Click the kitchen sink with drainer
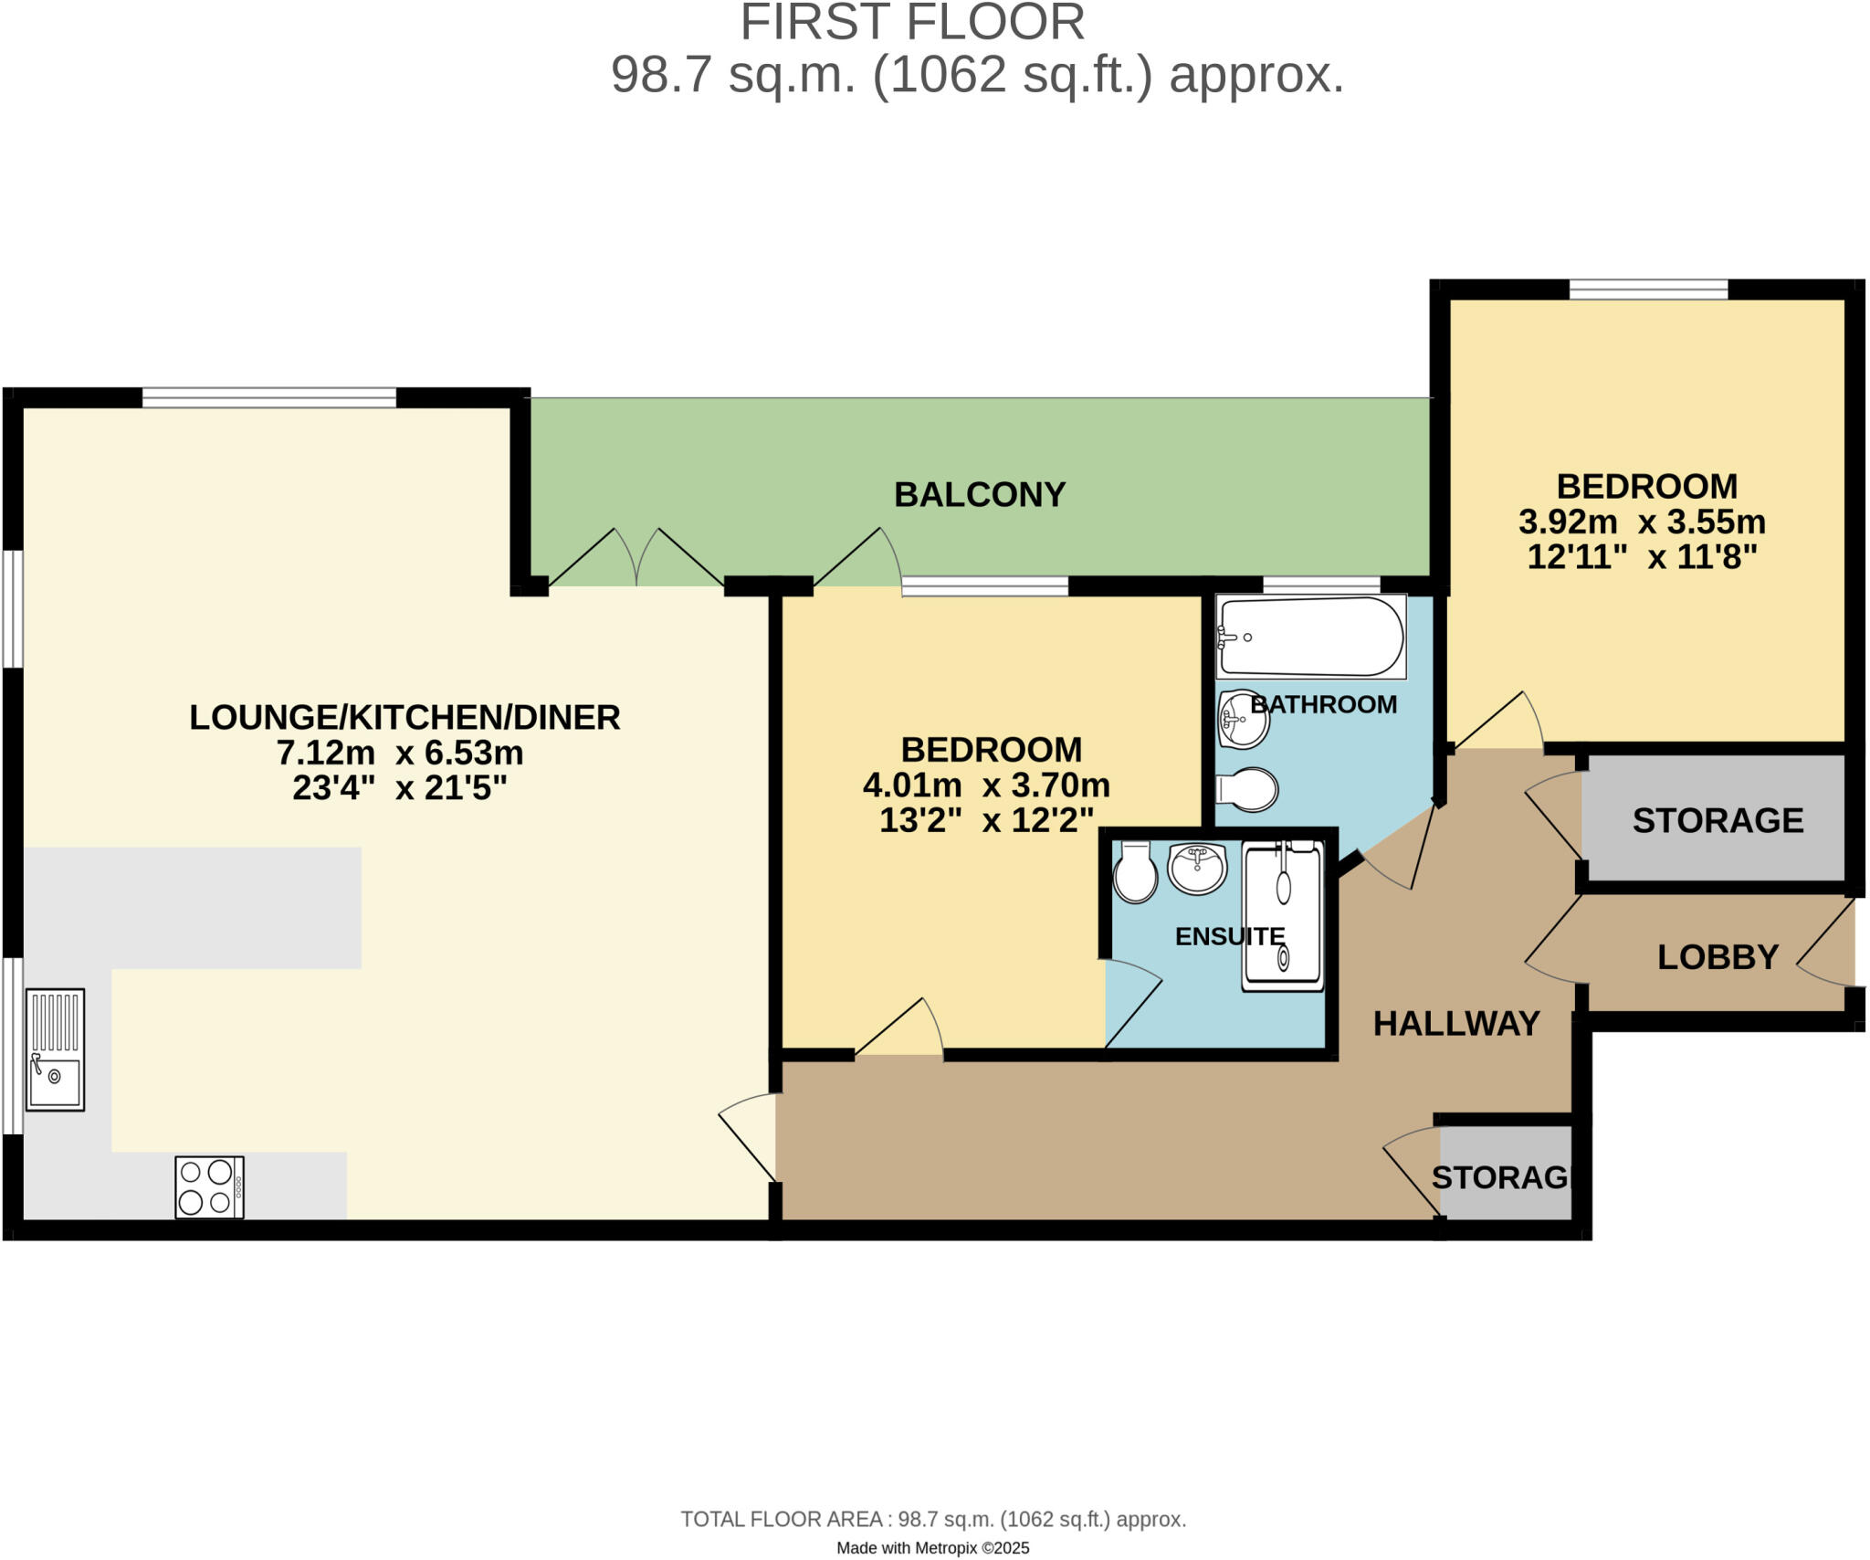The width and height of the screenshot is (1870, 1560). click(x=55, y=1049)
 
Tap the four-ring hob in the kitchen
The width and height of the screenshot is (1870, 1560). click(x=209, y=1186)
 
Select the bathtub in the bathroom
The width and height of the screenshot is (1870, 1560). click(x=1310, y=637)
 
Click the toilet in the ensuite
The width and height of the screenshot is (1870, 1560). click(x=1135, y=873)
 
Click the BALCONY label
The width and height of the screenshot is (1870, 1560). click(x=979, y=495)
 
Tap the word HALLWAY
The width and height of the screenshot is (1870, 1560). click(x=1456, y=1024)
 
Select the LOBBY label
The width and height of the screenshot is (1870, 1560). click(x=1718, y=957)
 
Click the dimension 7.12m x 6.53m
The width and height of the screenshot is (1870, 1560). click(x=400, y=754)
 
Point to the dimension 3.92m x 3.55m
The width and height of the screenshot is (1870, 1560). click(x=1641, y=522)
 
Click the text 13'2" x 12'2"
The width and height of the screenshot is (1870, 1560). click(x=986, y=820)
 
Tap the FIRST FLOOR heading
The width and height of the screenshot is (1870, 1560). click(x=911, y=23)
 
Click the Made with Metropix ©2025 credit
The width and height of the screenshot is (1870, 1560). click(x=932, y=1548)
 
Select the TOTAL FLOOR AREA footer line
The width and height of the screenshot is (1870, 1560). click(x=932, y=1519)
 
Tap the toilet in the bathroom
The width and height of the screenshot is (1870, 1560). click(x=1247, y=790)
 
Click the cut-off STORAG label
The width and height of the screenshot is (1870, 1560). click(x=1499, y=1178)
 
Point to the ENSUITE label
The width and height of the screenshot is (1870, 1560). click(x=1229, y=936)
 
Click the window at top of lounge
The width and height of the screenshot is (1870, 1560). click(x=269, y=397)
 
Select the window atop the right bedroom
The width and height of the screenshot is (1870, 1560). click(x=1648, y=290)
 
